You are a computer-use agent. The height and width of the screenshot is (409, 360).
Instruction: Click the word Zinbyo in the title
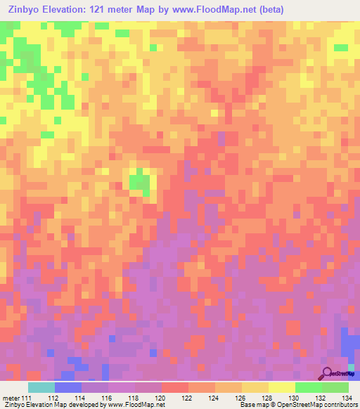(28, 9)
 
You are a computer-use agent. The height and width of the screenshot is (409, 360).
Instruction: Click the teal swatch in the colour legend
(41, 387)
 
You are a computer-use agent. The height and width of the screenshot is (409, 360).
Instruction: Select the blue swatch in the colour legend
(68, 387)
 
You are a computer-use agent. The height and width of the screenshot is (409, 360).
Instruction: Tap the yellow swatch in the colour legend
(281, 387)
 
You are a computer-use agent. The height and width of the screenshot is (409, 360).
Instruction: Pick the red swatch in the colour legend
(174, 387)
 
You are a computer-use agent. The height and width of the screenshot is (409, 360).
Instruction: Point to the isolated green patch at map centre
(139, 181)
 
